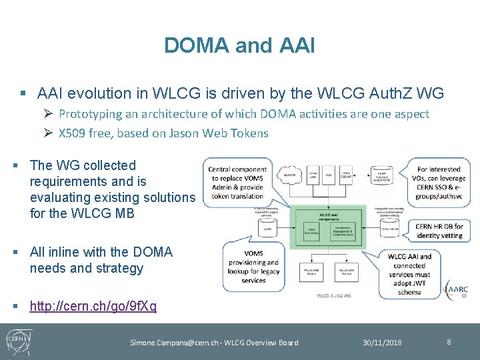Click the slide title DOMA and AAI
tap(239, 45)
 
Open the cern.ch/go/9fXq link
tap(93, 306)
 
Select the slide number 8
tap(449, 342)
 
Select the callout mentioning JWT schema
tap(409, 273)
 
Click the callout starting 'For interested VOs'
tap(439, 183)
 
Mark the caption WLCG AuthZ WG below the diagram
tap(333, 295)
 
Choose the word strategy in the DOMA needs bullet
tap(119, 268)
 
